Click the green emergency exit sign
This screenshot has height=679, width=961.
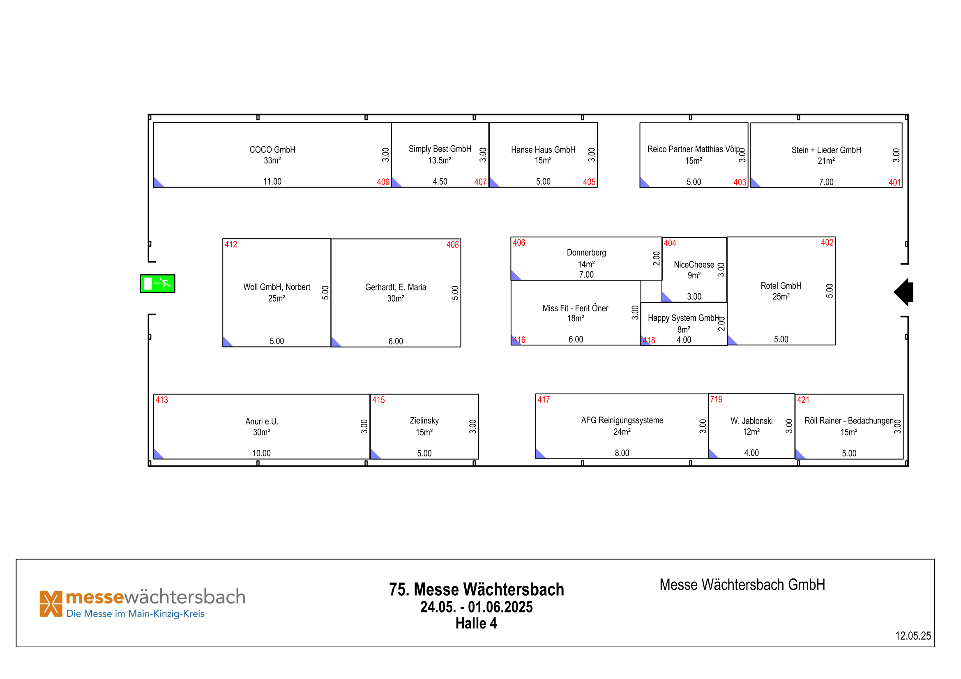157,284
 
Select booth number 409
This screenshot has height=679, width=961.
383,182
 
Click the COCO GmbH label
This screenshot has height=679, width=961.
272,150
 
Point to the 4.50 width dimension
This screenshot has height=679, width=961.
440,182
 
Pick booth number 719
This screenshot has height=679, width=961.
716,399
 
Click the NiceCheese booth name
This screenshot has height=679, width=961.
694,265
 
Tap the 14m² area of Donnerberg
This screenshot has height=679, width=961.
586,265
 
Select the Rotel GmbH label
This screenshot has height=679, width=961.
781,286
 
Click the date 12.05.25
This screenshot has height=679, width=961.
913,636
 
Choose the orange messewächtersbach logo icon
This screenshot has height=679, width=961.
51,604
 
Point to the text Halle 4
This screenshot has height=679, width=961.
476,624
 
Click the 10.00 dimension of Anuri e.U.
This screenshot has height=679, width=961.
262,453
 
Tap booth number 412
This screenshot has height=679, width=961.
230,244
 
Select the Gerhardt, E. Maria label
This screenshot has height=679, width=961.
396,288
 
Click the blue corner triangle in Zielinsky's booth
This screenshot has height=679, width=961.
374,455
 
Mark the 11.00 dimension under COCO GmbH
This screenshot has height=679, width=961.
272,182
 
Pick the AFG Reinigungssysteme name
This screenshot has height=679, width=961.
622,421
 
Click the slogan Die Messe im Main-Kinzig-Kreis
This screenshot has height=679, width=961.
135,614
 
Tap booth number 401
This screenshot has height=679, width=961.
894,182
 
